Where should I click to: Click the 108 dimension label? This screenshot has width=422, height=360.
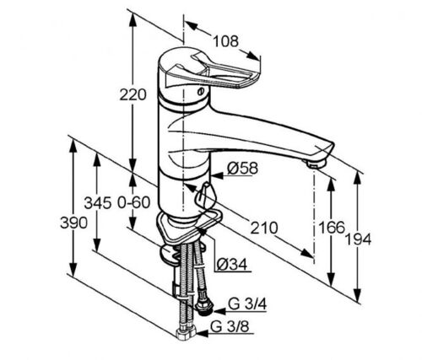pos(225,41)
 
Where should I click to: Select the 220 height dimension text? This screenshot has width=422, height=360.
pos(133,94)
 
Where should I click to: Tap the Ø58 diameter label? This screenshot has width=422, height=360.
pos(242,169)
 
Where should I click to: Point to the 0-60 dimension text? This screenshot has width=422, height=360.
pos(133,202)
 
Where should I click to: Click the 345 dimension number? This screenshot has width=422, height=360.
pos(98,203)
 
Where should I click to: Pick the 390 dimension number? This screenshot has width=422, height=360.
pos(73,223)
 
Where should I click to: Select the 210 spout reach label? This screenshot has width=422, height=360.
pos(264,228)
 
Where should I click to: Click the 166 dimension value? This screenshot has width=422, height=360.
pos(332,227)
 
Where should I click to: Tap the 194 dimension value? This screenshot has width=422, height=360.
pos(358,239)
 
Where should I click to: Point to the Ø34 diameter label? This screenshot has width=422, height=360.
pos(232,264)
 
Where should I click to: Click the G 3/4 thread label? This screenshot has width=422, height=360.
pos(247,304)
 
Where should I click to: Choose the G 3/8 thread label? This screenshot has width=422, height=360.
pos(230,327)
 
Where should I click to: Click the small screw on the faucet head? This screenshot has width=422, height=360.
pos(201,91)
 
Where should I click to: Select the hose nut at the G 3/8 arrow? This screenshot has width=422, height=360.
pos(186,334)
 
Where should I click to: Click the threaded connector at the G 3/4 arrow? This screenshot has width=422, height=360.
pos(204,308)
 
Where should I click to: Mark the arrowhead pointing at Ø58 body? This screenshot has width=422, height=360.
pos(217,176)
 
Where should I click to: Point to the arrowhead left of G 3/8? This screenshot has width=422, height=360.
pos(203,334)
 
